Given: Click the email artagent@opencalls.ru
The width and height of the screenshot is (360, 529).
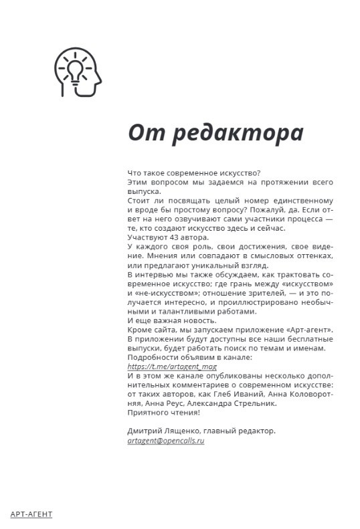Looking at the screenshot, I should coord(165,441).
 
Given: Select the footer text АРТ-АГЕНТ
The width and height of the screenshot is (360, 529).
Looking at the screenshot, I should coord(31,514).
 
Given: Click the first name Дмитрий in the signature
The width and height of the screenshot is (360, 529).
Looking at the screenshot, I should coord(144,431).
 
